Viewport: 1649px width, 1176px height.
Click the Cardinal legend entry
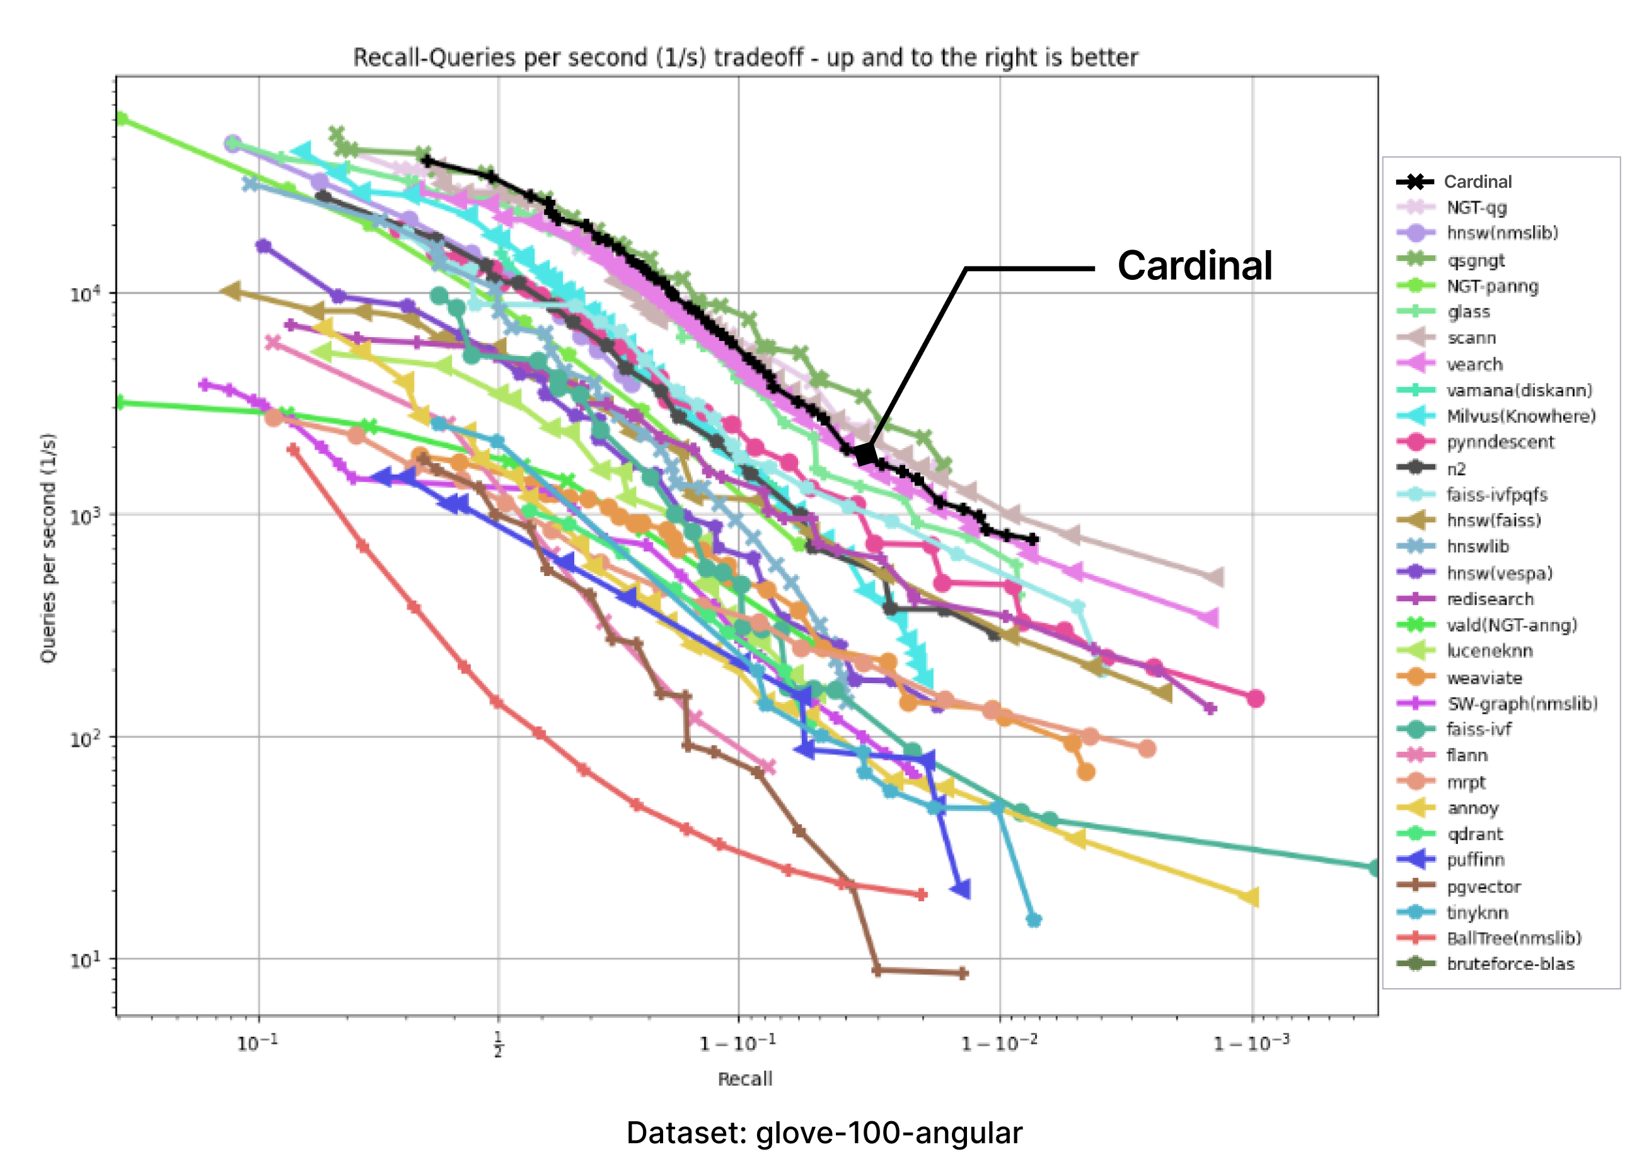tap(1477, 182)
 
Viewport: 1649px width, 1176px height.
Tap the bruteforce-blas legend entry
tap(1510, 964)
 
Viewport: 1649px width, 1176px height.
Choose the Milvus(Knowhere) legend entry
tap(1521, 417)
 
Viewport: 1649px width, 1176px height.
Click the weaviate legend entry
tap(1484, 677)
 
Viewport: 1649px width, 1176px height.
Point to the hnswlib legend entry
tap(1478, 547)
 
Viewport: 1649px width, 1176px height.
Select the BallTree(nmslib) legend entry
tap(1513, 938)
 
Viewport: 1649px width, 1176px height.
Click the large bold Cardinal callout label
tap(1195, 266)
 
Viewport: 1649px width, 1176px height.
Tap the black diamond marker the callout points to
tap(865, 454)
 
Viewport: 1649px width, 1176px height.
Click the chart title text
tap(745, 57)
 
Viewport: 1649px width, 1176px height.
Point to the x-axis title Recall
tap(744, 1079)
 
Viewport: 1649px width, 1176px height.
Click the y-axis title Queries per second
tap(48, 548)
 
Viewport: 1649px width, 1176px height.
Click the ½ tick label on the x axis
tap(497, 1044)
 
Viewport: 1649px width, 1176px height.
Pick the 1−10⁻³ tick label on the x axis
tap(1251, 1043)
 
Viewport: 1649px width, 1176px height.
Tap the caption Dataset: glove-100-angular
tap(824, 1133)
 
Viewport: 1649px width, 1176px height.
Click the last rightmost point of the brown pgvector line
tap(963, 973)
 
